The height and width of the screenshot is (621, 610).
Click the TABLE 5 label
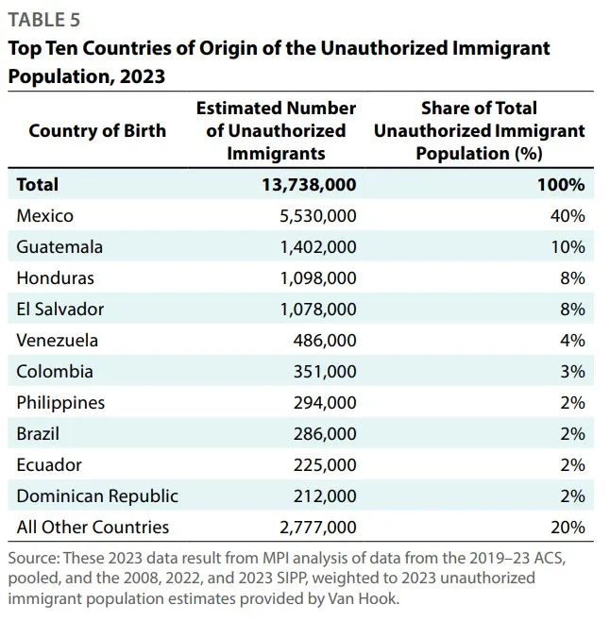point(44,20)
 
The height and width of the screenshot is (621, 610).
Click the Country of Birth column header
point(97,130)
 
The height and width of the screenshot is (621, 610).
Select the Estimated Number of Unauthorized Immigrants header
point(276,130)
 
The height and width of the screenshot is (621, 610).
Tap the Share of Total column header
point(479,130)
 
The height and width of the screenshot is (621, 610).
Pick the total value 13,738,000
point(309,185)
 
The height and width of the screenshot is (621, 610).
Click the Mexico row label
point(44,216)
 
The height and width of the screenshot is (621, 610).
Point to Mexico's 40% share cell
point(568,216)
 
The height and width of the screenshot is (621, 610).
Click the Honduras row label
point(55,278)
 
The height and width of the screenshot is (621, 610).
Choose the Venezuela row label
point(57,341)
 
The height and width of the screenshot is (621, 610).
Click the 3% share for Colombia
point(572,372)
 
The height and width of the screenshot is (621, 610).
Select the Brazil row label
point(38,434)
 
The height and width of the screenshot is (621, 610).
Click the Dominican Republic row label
point(97,495)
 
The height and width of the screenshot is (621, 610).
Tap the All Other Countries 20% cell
point(568,527)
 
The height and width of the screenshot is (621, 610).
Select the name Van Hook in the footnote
point(375,597)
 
